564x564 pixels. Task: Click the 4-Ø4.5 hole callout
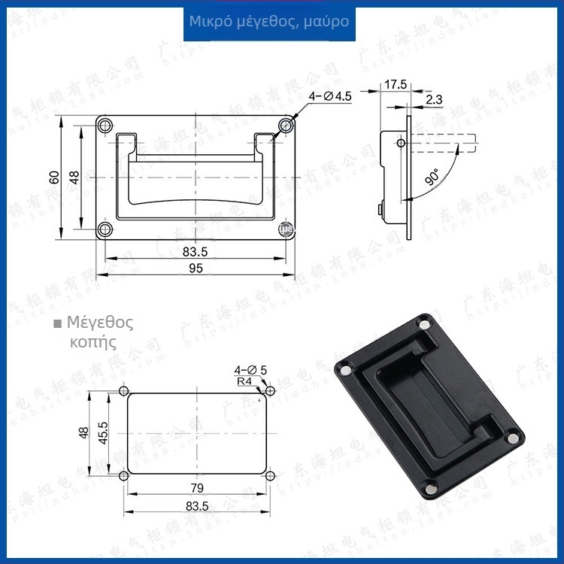coord(330,96)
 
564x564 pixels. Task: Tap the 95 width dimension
coord(196,268)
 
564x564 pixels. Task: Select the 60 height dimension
coord(54,177)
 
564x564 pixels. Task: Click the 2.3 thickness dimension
coord(434,99)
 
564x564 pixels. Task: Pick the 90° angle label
coord(432,178)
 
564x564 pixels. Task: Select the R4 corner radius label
coord(244,381)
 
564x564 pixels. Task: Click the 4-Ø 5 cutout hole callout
coord(250,370)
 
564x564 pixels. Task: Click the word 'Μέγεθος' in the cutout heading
coord(100,323)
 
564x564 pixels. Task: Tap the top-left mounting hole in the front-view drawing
coord(106,127)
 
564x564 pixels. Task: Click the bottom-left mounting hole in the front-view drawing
coord(106,228)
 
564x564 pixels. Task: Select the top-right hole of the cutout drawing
coord(269,391)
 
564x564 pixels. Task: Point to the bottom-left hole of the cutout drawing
coord(124,476)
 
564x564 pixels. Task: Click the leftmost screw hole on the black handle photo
coord(344,370)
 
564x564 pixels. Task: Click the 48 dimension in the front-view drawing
coord(74,177)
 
